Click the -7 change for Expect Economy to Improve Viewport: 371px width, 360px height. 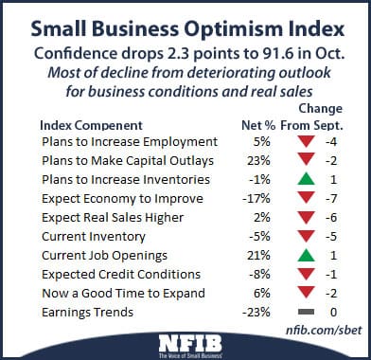pyautogui.click(x=333, y=199)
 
